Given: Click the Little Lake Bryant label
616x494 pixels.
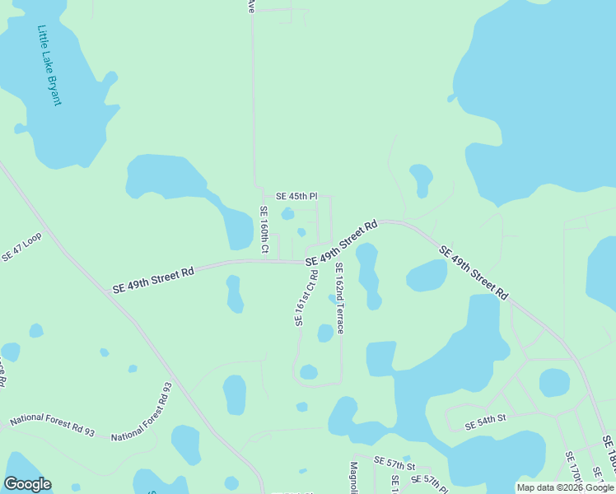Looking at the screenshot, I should pyautogui.click(x=49, y=66).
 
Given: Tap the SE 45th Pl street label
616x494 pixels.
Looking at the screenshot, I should pyautogui.click(x=296, y=196).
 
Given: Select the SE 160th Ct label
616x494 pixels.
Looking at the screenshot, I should pyautogui.click(x=264, y=230).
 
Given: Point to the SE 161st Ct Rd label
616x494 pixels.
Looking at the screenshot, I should pyautogui.click(x=306, y=297).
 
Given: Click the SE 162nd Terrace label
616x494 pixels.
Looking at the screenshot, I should pyautogui.click(x=338, y=297).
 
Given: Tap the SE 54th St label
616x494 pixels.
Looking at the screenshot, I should pyautogui.click(x=484, y=425).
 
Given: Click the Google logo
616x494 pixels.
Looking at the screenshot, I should pyautogui.click(x=27, y=484).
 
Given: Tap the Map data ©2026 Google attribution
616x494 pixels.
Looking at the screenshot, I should pyautogui.click(x=565, y=487).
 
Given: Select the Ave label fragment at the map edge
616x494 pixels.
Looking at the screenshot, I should pyautogui.click(x=251, y=7).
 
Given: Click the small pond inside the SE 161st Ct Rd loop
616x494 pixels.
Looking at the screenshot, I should pyautogui.click(x=309, y=372).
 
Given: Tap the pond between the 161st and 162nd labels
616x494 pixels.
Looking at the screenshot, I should pyautogui.click(x=325, y=333).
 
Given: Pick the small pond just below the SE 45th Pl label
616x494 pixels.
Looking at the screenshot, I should pyautogui.click(x=287, y=214).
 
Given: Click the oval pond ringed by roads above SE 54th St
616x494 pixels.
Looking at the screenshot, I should pyautogui.click(x=554, y=382).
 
